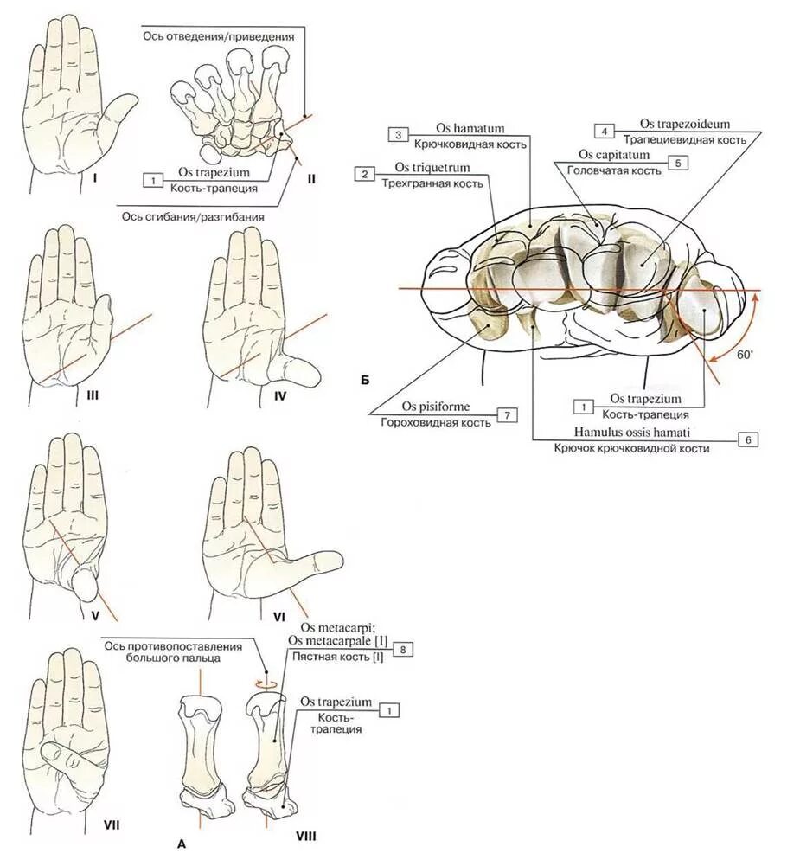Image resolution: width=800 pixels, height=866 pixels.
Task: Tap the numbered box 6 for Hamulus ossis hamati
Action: click(x=749, y=439)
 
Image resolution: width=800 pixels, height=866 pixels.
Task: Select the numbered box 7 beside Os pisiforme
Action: click(x=508, y=415)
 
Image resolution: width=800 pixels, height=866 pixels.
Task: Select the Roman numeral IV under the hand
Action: click(x=279, y=395)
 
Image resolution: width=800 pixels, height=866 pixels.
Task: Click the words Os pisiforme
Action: click(x=432, y=406)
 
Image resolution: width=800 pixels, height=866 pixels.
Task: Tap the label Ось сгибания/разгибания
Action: click(x=190, y=217)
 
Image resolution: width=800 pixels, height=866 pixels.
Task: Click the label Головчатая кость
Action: click(x=614, y=170)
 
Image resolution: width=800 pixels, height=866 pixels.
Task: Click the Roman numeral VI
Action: click(x=278, y=617)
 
